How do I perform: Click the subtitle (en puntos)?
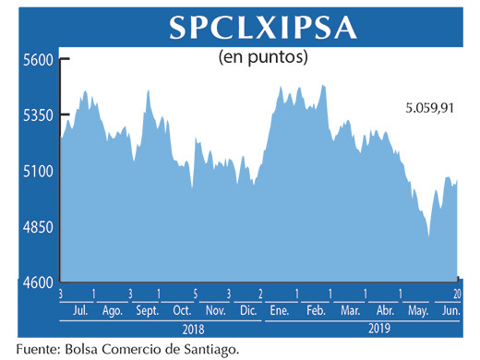[262, 58]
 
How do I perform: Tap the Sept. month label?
[147, 310]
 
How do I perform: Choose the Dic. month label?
[246, 310]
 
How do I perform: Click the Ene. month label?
[278, 310]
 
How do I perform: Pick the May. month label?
[418, 310]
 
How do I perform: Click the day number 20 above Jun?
[459, 293]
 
